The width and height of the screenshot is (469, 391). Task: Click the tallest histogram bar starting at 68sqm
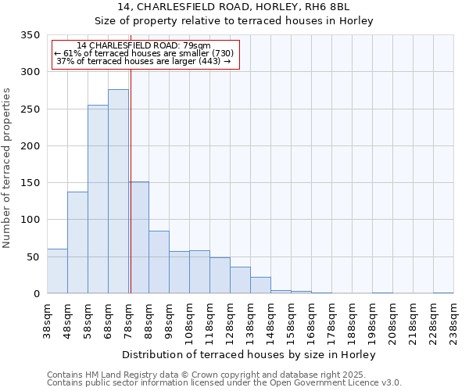click(x=118, y=192)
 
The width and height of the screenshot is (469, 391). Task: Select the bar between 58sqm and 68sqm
click(x=98, y=199)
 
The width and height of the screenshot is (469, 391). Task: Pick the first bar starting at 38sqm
click(x=57, y=271)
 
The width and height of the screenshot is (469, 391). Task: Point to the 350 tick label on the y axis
click(x=29, y=35)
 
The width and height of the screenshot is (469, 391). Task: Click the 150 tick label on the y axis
click(x=29, y=183)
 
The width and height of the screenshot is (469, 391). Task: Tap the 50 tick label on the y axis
click(x=32, y=256)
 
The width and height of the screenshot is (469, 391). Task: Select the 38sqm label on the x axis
click(x=48, y=321)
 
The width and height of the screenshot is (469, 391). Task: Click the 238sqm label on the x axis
click(x=454, y=323)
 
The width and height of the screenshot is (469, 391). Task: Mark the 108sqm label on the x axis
click(x=190, y=323)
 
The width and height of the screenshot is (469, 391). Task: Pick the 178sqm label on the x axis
click(x=332, y=323)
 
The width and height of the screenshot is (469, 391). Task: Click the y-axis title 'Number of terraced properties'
click(x=8, y=168)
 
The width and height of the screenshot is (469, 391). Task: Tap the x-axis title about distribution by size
click(x=249, y=355)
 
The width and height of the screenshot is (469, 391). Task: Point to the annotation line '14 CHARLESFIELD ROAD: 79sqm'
click(x=144, y=46)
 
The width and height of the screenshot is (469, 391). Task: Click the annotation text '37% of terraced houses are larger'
click(x=145, y=61)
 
